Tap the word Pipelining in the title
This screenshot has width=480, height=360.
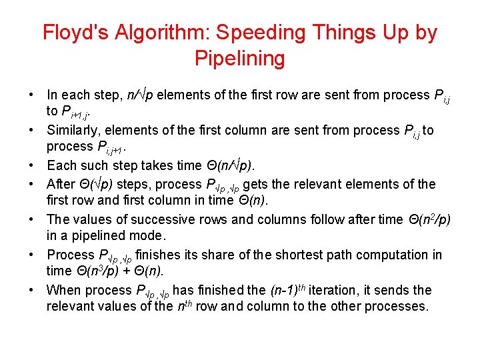pyautogui.click(x=239, y=59)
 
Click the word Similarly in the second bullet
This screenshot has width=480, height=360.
pyautogui.click(x=73, y=130)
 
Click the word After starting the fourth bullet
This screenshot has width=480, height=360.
pyautogui.click(x=62, y=184)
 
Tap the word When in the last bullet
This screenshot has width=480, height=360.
pyautogui.click(x=63, y=290)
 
